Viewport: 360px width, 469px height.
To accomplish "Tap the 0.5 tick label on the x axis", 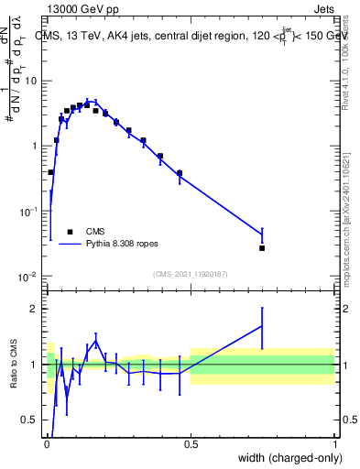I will click(191, 444).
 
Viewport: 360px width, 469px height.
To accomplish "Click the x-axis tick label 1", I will click(335, 444).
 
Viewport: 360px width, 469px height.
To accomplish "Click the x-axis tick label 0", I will click(46, 444).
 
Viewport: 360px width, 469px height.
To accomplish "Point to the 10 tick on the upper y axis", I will click(31, 81).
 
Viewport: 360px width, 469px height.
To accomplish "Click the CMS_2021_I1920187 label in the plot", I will click(191, 274).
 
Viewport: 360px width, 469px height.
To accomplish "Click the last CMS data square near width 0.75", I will click(262, 248).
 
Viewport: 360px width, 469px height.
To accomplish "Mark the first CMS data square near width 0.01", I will click(50, 172).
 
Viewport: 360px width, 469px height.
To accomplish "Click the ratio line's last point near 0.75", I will click(262, 326).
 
